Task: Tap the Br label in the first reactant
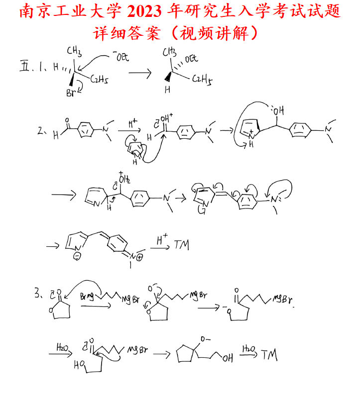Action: pyautogui.click(x=72, y=93)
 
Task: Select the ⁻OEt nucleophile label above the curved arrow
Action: pyautogui.click(x=120, y=57)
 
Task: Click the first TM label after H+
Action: pyautogui.click(x=181, y=245)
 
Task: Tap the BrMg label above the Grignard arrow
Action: pyautogui.click(x=87, y=297)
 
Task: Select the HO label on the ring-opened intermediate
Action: pyautogui.click(x=79, y=365)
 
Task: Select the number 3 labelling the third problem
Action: pyautogui.click(x=38, y=294)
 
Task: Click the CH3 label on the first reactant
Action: pyautogui.click(x=74, y=51)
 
